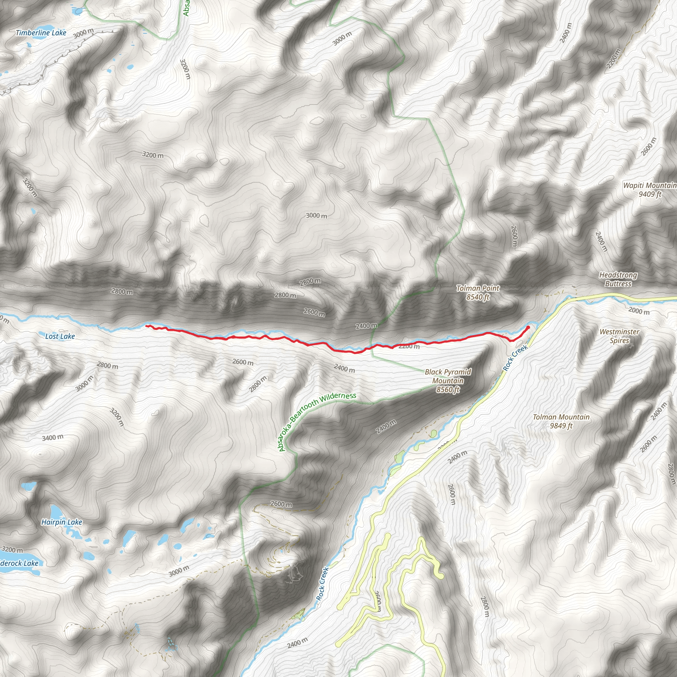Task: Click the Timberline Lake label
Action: pos(41,33)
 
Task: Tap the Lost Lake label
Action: pos(60,337)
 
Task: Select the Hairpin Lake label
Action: pos(62,522)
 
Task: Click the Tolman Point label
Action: pos(478,288)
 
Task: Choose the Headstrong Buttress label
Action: pos(618,279)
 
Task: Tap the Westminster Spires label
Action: pos(619,336)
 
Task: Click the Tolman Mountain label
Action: pos(561,417)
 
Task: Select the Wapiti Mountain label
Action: pos(649,185)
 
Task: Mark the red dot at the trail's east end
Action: pos(528,327)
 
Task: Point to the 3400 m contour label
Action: pos(53,437)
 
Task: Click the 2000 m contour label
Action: pos(639,310)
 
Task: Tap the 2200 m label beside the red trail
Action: pos(409,346)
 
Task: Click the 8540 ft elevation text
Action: pos(478,297)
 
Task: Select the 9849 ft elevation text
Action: pos(561,426)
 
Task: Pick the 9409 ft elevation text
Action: pos(650,194)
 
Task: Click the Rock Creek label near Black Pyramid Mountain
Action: pos(515,358)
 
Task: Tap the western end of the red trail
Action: pos(146,326)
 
